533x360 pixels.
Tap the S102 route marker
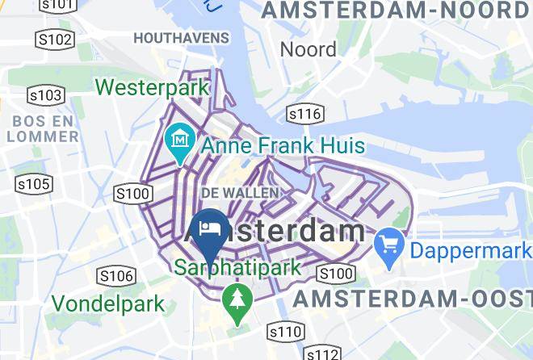pos(54,39)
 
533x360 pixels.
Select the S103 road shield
pos(46,96)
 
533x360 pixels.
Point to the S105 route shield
pos(34,185)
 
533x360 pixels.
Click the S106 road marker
pos(115,277)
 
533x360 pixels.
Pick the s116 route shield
pos(304,114)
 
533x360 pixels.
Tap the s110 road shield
pos(285,331)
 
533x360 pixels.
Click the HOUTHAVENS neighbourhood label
pos(181,38)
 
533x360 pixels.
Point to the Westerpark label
pos(152,86)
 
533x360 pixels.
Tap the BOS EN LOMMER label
pos(43,128)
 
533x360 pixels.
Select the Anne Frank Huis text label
pos(282,147)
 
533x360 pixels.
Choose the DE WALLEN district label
pos(240,193)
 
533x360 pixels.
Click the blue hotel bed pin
pos(210,229)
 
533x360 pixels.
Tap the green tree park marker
pos(237,300)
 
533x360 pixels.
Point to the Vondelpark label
pos(109,305)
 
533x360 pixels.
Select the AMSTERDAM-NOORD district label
pos(395,10)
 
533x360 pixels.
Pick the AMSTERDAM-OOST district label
pos(412,299)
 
